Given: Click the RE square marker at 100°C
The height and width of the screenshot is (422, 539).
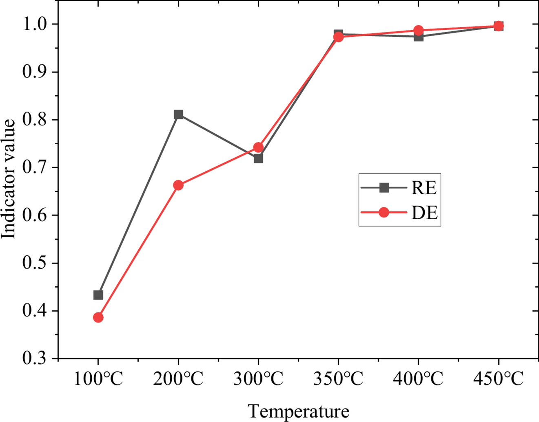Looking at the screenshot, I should pyautogui.click(x=98, y=295).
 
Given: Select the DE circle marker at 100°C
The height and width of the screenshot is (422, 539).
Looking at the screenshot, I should pyautogui.click(x=98, y=317).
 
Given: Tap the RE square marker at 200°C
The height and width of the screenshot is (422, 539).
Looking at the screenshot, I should pyautogui.click(x=178, y=114).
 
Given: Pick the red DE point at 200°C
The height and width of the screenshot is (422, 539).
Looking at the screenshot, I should pyautogui.click(x=178, y=185).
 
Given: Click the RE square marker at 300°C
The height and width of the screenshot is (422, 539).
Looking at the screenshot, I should pyautogui.click(x=258, y=158).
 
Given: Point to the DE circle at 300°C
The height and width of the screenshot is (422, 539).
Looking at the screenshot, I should pyautogui.click(x=258, y=147).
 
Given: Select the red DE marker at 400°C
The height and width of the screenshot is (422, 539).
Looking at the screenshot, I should pyautogui.click(x=418, y=31).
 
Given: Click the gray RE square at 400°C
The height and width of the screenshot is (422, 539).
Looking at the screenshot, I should pyautogui.click(x=418, y=37).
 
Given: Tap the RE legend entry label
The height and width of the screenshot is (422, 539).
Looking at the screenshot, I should pyautogui.click(x=424, y=188).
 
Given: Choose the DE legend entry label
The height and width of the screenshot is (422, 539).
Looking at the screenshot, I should pyautogui.click(x=424, y=213).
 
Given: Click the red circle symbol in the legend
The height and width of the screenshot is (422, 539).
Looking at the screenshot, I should pyautogui.click(x=384, y=213).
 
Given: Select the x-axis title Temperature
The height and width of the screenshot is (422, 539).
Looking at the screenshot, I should pyautogui.click(x=298, y=411).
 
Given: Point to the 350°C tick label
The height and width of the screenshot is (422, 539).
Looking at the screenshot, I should pyautogui.click(x=338, y=379).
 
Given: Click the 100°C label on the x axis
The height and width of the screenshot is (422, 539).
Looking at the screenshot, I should pyautogui.click(x=98, y=379).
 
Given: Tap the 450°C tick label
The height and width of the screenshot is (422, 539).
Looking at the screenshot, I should pyautogui.click(x=498, y=379).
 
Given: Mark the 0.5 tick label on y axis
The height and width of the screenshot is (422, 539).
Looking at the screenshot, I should pyautogui.click(x=34, y=263).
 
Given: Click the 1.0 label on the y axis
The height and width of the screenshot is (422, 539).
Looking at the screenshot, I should pyautogui.click(x=34, y=24).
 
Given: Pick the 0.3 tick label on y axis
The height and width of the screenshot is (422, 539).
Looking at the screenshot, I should pyautogui.click(x=34, y=358).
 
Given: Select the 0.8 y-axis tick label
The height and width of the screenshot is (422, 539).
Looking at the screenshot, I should pyautogui.click(x=34, y=120).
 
